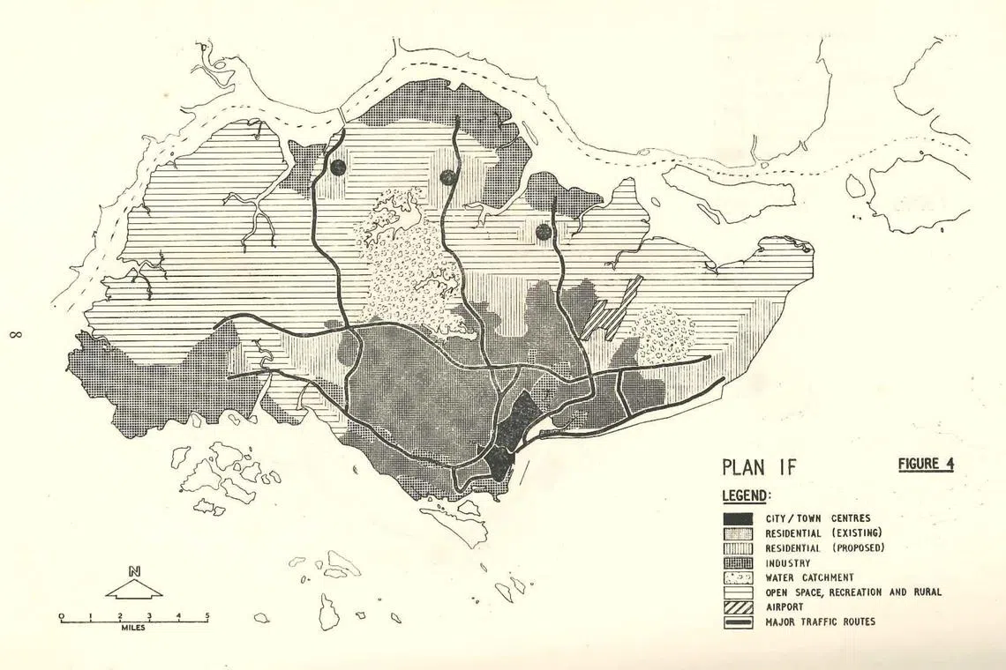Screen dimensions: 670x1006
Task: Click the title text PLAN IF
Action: [x=759, y=467]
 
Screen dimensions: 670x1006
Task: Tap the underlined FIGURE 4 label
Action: [x=926, y=464]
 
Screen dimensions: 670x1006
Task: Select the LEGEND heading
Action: [x=747, y=496]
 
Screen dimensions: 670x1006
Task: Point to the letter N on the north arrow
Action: [x=134, y=571]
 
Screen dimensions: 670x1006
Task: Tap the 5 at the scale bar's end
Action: [x=207, y=614]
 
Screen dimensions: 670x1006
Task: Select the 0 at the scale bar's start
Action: [x=61, y=614]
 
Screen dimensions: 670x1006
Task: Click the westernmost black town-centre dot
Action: [x=338, y=167]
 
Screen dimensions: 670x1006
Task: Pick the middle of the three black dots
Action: [x=448, y=177]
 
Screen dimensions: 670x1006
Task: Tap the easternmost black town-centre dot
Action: [x=544, y=232]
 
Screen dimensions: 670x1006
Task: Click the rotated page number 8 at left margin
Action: [x=17, y=334]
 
